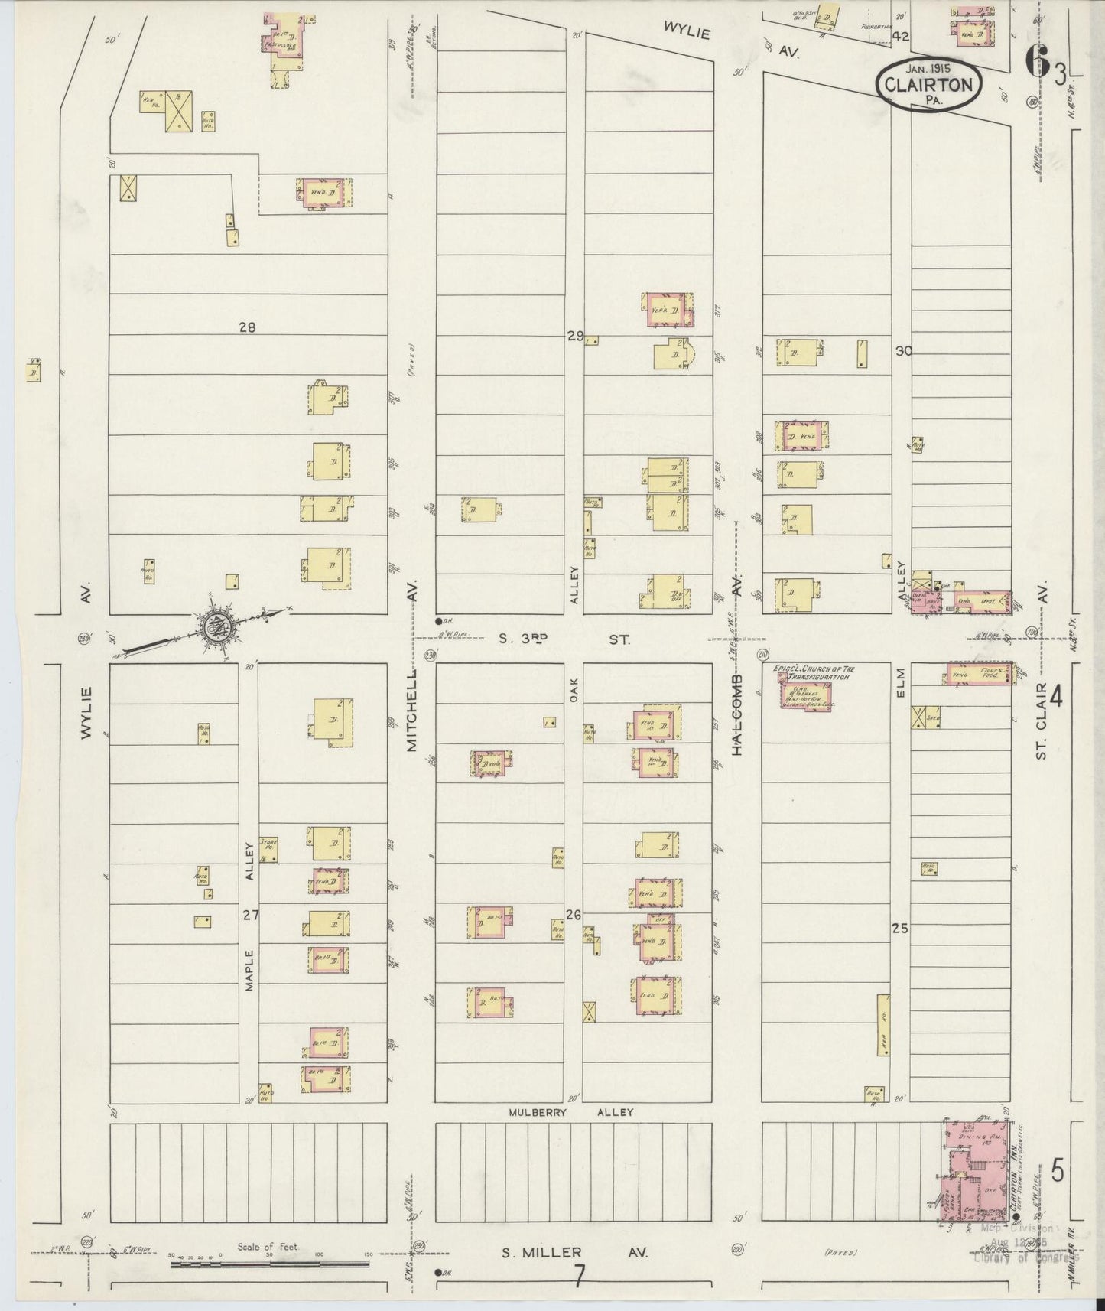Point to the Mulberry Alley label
pos(571,1112)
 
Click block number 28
pos(246,327)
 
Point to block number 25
pos(899,929)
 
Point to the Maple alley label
pos(249,971)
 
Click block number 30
pos(904,351)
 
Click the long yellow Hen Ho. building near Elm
pos(883,1025)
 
